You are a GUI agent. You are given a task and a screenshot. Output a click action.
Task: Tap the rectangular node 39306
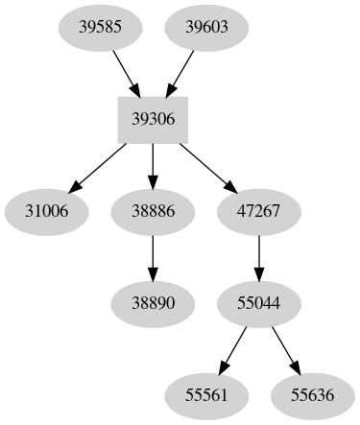153,120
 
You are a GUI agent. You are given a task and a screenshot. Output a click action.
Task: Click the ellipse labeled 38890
153,301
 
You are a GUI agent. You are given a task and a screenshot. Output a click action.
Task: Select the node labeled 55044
257,301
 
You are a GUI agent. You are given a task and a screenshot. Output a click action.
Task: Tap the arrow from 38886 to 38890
153,256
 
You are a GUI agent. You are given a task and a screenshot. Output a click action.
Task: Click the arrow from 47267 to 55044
257,256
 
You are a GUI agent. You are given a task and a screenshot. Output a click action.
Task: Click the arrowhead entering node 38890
153,272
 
